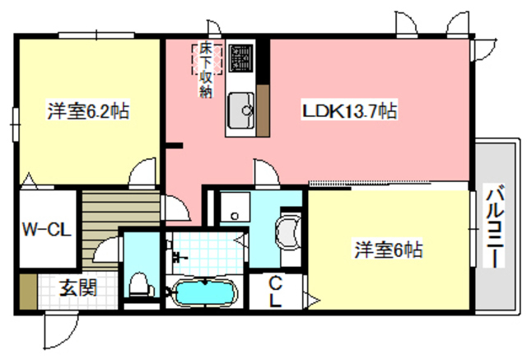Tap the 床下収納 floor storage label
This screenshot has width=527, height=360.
pyautogui.click(x=203, y=70)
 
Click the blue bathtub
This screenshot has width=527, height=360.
pyautogui.click(x=203, y=292)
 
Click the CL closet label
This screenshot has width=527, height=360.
pyautogui.click(x=275, y=292)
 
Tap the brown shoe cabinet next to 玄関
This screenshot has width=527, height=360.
pyautogui.click(x=28, y=289)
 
